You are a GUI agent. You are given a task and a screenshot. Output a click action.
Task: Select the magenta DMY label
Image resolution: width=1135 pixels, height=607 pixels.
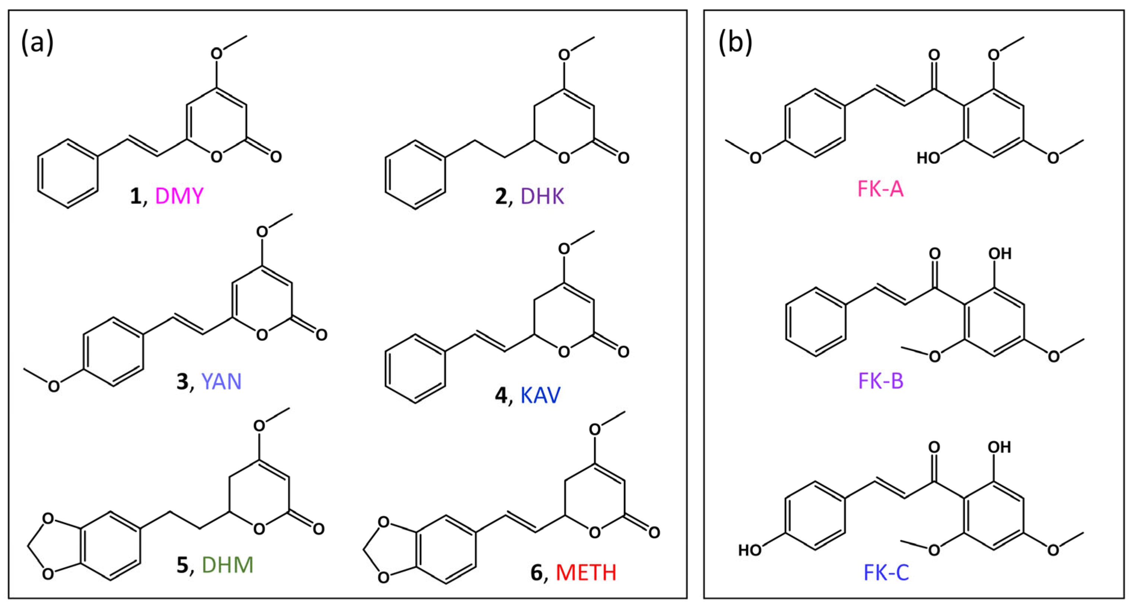tap(179, 196)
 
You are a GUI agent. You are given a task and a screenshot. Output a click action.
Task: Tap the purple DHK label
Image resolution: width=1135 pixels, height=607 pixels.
tap(542, 196)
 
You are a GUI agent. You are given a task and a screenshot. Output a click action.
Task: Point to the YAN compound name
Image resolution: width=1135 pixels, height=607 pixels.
tap(221, 381)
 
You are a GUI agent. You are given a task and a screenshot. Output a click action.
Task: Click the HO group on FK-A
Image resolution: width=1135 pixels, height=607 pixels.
tap(928, 158)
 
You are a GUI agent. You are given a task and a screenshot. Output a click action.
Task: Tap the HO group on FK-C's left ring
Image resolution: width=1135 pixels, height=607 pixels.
tap(750, 550)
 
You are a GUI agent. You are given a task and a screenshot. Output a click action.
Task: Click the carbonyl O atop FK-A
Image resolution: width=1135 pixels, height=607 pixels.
tap(934, 55)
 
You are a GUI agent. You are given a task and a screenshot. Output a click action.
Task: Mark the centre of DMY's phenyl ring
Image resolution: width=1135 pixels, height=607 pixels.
tap(67, 173)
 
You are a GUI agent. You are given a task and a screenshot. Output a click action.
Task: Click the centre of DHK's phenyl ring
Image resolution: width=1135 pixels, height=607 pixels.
tap(415, 174)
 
